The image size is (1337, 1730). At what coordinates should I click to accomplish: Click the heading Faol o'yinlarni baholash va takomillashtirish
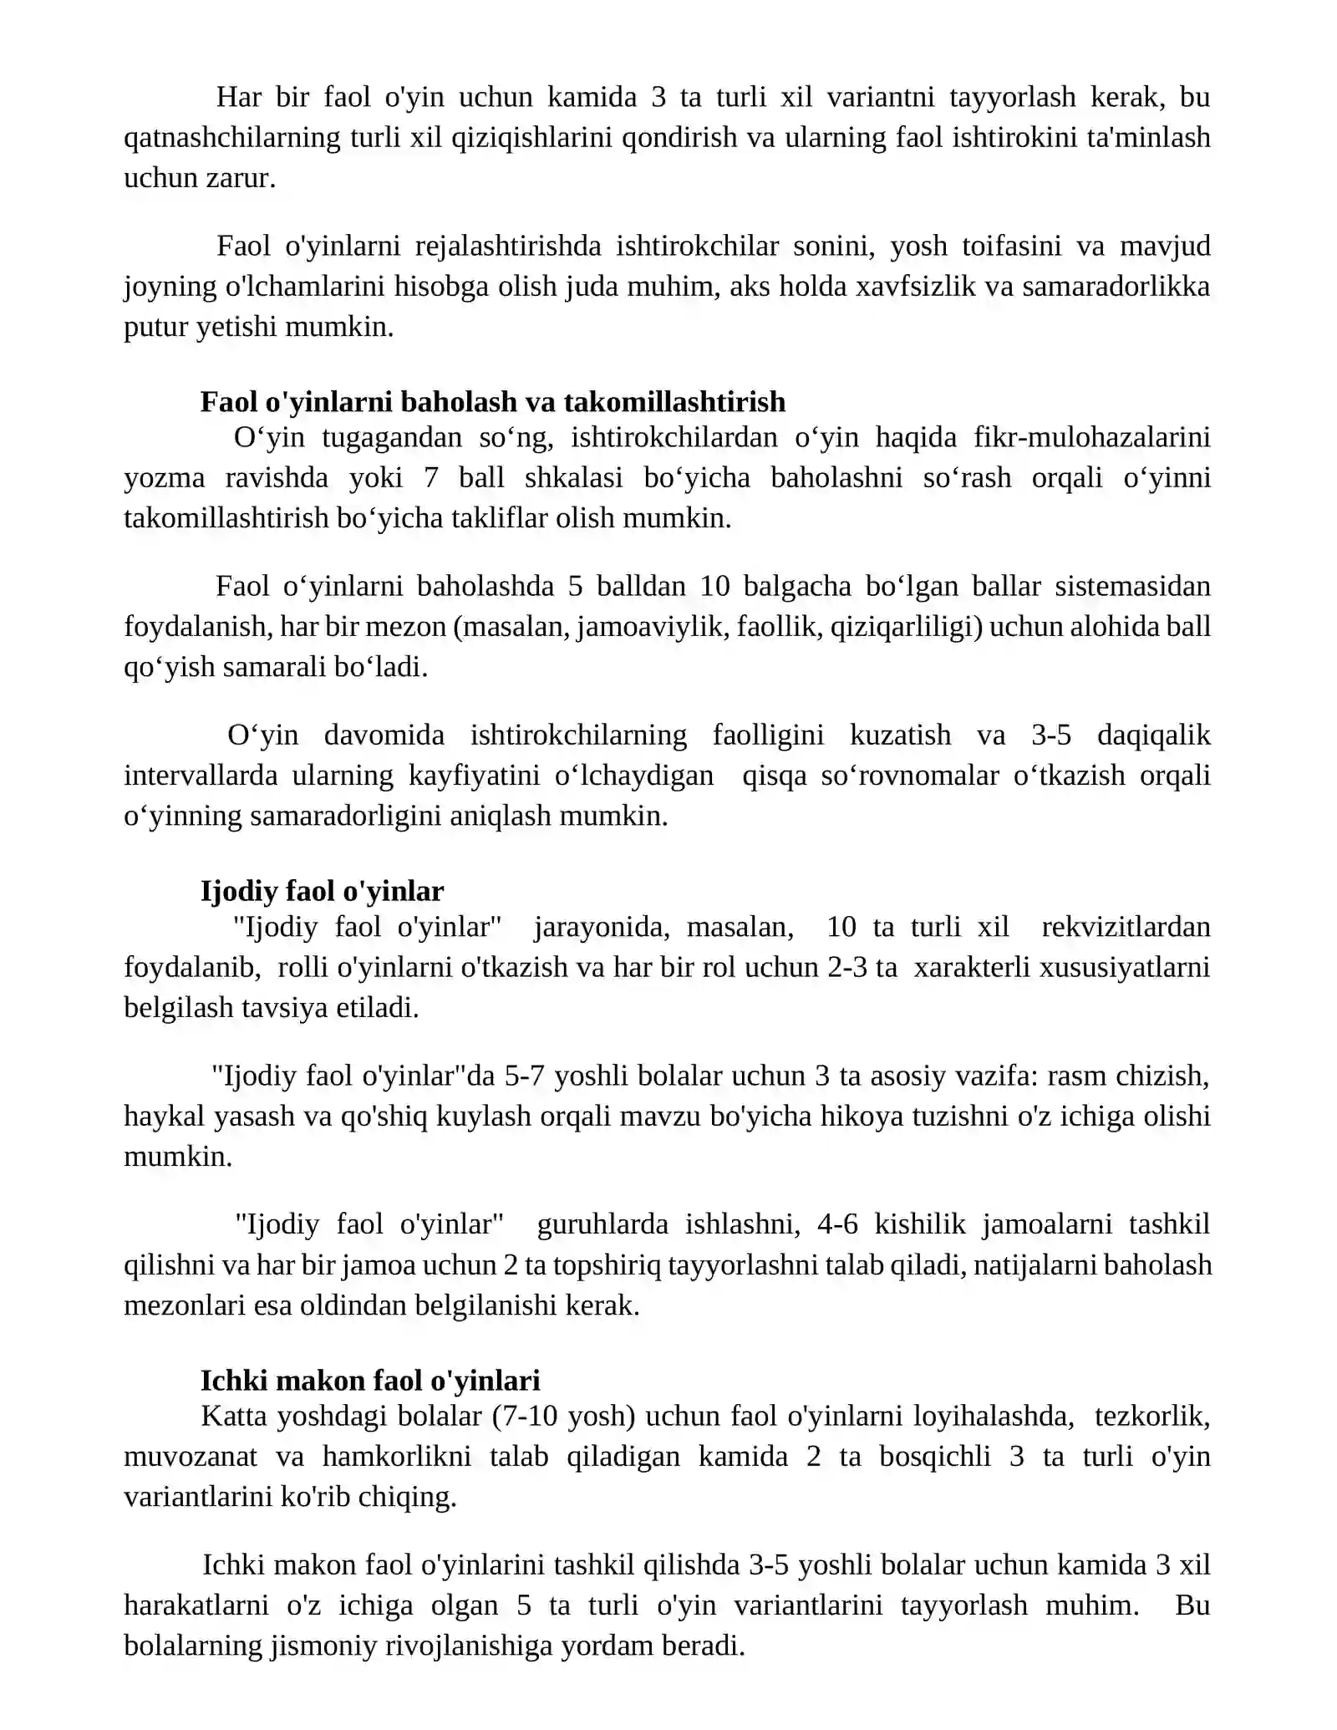coord(493,402)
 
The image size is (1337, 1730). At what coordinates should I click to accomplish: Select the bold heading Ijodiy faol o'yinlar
coord(322,891)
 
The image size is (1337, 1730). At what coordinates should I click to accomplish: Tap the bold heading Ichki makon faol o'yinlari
coord(370,1380)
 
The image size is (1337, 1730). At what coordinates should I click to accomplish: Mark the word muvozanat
coord(191,1456)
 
